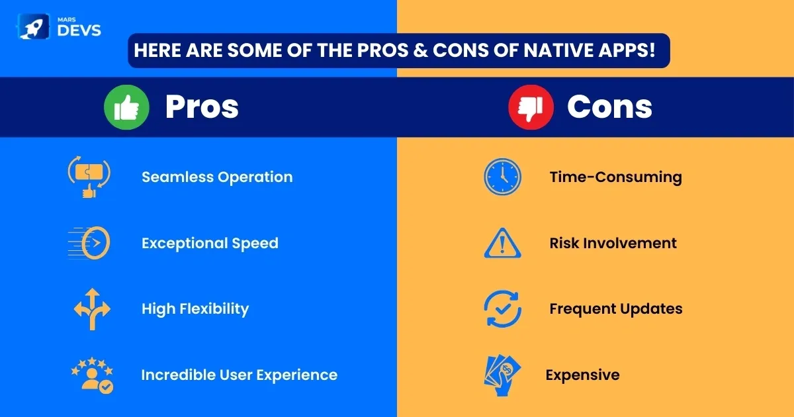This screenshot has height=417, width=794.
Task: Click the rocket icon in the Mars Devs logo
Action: point(33,26)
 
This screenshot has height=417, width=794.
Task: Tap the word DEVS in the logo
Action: point(79,30)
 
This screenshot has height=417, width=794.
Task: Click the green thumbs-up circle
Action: point(126,107)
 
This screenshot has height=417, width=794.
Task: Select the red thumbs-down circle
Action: point(531,107)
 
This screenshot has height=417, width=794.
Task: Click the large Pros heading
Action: point(202,107)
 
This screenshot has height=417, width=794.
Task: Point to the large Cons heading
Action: point(609,107)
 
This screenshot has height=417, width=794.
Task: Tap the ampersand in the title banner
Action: point(421,50)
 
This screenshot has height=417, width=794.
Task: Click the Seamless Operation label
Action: point(217,177)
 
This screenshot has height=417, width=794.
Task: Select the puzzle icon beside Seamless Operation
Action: point(89,177)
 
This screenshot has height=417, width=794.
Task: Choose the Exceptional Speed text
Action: point(210,244)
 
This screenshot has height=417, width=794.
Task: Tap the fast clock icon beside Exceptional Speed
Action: point(89,243)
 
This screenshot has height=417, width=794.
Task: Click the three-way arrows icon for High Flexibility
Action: point(92,309)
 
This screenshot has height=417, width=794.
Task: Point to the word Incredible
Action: point(179,375)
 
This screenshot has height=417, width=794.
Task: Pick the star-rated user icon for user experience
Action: point(92,375)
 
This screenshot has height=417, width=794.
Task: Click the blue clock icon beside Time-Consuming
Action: point(503,177)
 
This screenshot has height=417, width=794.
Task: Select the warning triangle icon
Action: point(503,244)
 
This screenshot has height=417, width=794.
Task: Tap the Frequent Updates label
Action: point(616,309)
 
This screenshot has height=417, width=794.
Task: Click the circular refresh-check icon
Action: point(503,309)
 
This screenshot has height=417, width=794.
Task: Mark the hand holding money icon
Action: point(503,375)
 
